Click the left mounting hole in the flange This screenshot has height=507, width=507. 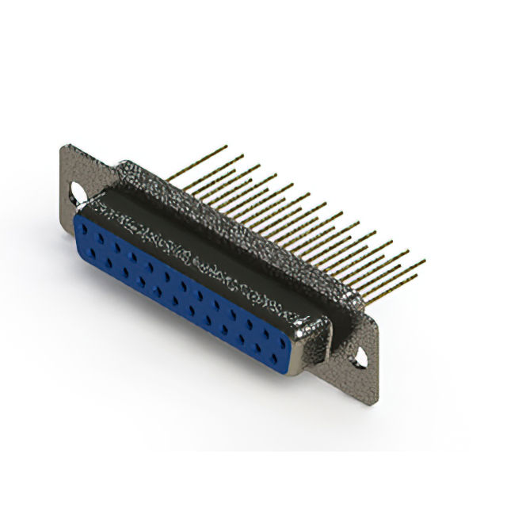click(78, 191)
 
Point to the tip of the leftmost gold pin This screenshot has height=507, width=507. click(226, 147)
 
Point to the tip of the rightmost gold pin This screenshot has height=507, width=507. click(425, 261)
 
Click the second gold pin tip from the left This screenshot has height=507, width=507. click(242, 156)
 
